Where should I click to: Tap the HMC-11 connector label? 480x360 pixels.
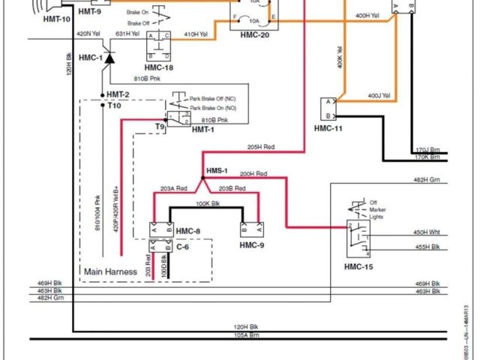tap(328, 128)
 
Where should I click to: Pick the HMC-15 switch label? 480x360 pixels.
tap(359, 268)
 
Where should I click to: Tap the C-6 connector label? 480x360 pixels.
tap(183, 245)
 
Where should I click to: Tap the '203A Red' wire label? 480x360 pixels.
tap(175, 189)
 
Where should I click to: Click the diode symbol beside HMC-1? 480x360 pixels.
tap(109, 58)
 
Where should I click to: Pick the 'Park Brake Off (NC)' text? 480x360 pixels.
tap(213, 99)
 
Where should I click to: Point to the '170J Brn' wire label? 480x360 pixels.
tap(426, 149)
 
